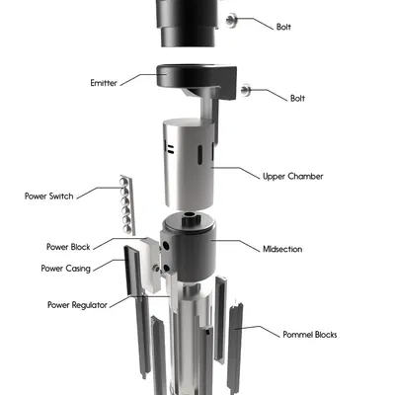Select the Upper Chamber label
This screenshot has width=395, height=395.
293,177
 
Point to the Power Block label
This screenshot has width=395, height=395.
69,246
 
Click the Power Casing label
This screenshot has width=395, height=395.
67,268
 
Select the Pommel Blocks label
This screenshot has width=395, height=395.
310,335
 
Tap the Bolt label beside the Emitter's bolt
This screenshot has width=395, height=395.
298,98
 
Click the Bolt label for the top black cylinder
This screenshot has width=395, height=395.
283,26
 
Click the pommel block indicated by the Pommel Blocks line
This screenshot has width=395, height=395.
236,336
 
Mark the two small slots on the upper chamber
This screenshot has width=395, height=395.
169,149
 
